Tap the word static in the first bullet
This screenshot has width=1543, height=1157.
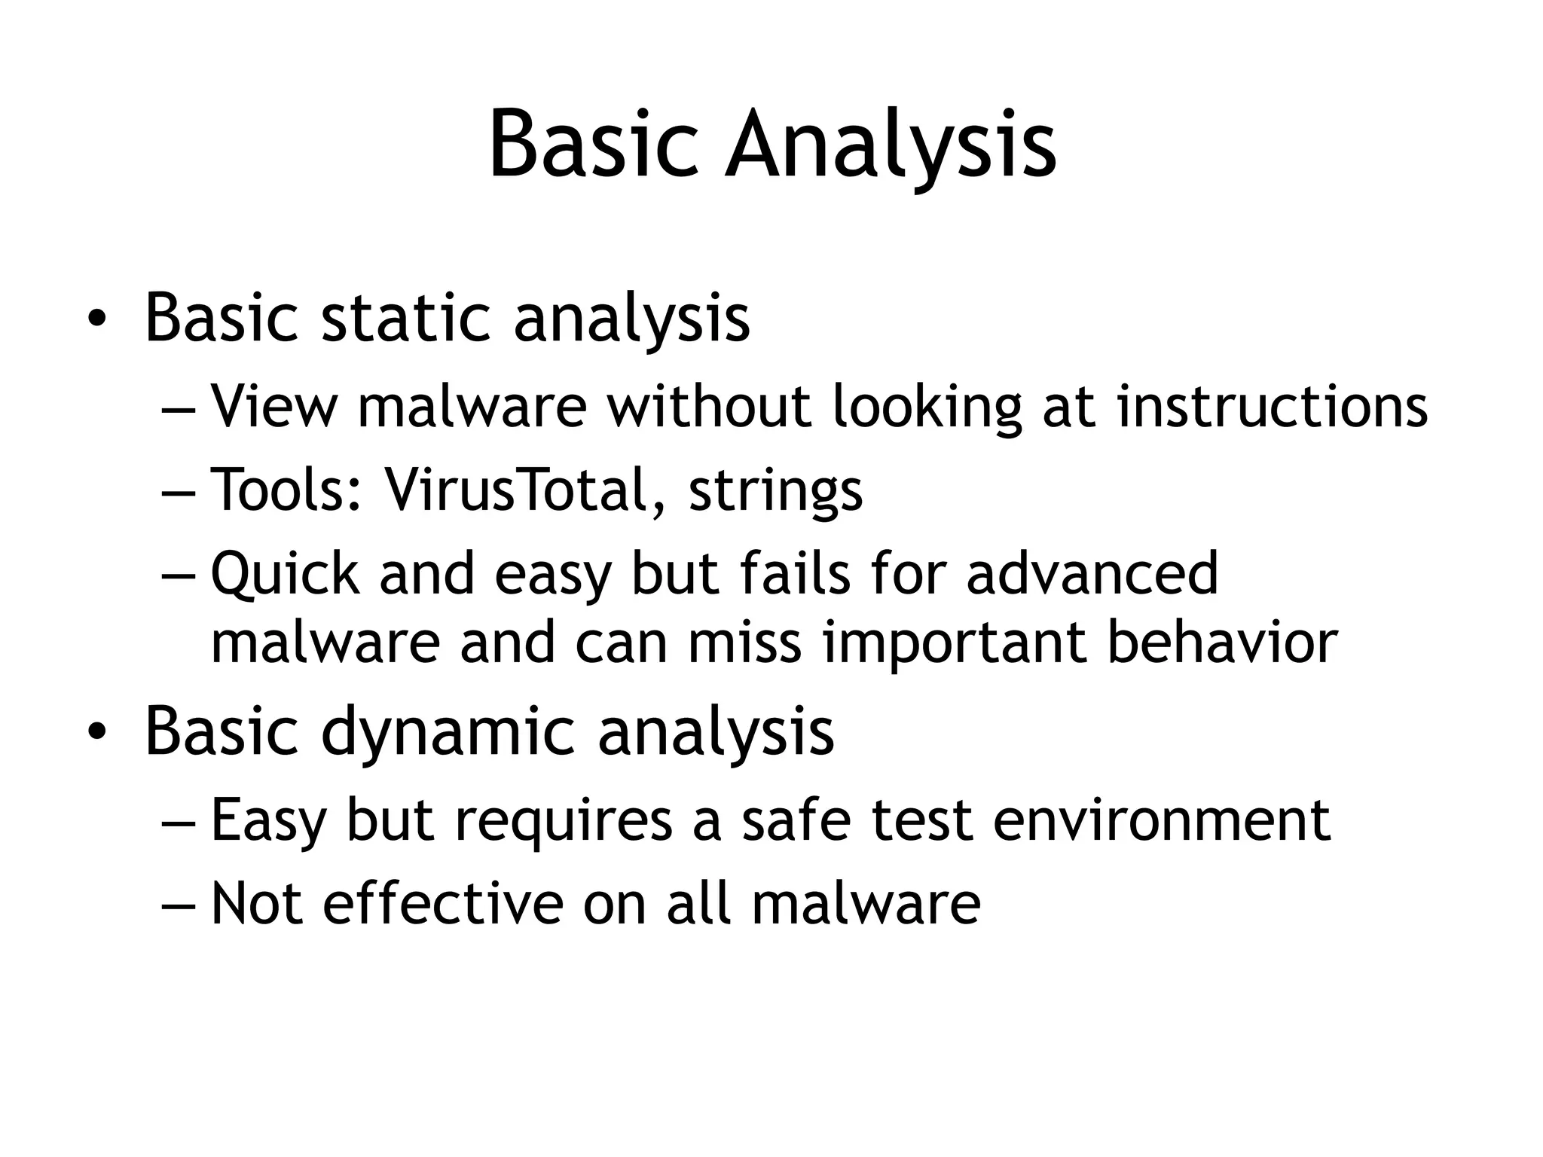(x=407, y=318)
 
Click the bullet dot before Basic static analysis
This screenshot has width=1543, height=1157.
(x=96, y=319)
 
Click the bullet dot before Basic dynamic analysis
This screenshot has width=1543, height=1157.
(x=96, y=732)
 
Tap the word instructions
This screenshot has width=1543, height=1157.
(x=1272, y=407)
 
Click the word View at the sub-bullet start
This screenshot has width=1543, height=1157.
(x=274, y=407)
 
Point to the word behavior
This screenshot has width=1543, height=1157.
(x=1222, y=642)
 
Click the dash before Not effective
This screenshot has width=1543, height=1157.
(x=178, y=904)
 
